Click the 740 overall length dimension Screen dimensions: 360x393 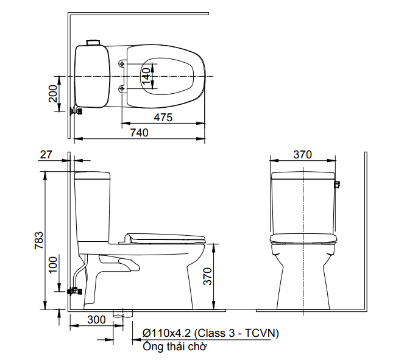[x=139, y=132]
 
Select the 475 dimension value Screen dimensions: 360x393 [x=162, y=118]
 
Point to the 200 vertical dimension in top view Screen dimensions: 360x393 [x=53, y=94]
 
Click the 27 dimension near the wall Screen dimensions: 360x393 [x=46, y=155]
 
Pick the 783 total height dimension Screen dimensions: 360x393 [x=38, y=241]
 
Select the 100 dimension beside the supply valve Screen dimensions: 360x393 [x=53, y=263]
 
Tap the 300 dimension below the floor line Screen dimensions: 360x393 [x=96, y=319]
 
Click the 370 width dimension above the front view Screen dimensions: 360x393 [x=302, y=155]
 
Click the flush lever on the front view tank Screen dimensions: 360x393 [x=338, y=182]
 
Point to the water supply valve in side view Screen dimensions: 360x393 [x=75, y=290]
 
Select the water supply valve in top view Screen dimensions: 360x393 [x=76, y=111]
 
